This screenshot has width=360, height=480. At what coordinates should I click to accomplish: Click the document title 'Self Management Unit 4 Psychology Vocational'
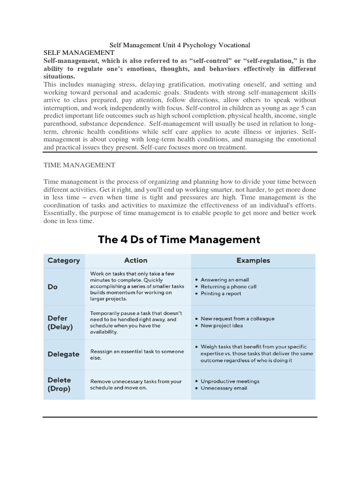pos(180,45)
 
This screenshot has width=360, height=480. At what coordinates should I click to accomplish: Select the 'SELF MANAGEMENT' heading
pos(79,53)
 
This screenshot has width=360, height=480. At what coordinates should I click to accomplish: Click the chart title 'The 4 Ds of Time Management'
pos(179,240)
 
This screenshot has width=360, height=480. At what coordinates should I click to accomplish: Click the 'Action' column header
pos(136,261)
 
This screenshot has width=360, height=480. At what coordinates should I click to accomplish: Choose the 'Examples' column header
pos(253,261)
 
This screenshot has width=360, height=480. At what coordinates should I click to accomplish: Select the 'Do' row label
pos(53,286)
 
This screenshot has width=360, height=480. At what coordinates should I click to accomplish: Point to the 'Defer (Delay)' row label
pos(60,322)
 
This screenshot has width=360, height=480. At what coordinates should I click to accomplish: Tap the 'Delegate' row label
pos(64,354)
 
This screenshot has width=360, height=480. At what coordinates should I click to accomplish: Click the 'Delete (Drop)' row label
pos(60,384)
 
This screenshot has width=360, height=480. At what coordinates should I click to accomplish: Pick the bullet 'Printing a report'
pos(221,293)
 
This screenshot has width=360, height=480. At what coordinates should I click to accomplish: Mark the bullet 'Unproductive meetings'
pos(230,381)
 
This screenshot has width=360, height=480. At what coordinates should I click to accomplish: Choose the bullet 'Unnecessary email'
pos(224,388)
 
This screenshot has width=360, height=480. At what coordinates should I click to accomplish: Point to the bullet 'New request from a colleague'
pos(238,318)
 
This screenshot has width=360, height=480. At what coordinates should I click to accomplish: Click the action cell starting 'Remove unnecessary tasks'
pos(136,385)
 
